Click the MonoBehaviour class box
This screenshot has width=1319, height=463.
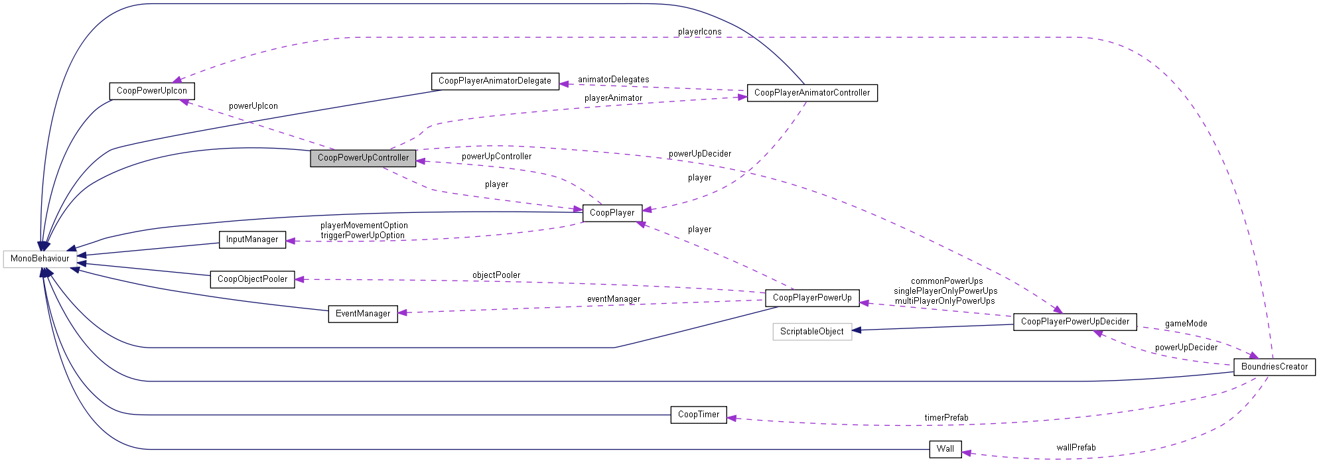[40, 259]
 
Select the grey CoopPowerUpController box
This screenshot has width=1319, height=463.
[363, 158]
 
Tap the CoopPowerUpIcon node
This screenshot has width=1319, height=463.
[152, 91]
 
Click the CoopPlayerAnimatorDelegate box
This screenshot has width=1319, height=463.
[494, 81]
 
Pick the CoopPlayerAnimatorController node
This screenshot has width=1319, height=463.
[811, 93]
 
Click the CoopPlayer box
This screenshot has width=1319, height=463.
[612, 213]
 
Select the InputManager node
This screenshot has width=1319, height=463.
[252, 239]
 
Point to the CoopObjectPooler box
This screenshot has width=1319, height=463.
[252, 279]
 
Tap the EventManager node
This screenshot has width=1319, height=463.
[363, 314]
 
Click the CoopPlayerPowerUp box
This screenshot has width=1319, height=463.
[812, 298]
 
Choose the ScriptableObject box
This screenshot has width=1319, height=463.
[811, 332]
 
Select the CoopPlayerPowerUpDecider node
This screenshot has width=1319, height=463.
[1075, 322]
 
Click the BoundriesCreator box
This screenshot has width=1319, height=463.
[1274, 367]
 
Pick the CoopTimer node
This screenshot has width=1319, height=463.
[698, 415]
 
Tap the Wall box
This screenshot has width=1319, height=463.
[945, 449]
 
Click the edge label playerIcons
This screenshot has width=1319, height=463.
[699, 32]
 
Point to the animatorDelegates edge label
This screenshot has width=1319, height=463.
[613, 80]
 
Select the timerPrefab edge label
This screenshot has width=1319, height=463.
[946, 418]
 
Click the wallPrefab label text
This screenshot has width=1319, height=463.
[1076, 448]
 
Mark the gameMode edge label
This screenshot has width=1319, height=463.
[1186, 324]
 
